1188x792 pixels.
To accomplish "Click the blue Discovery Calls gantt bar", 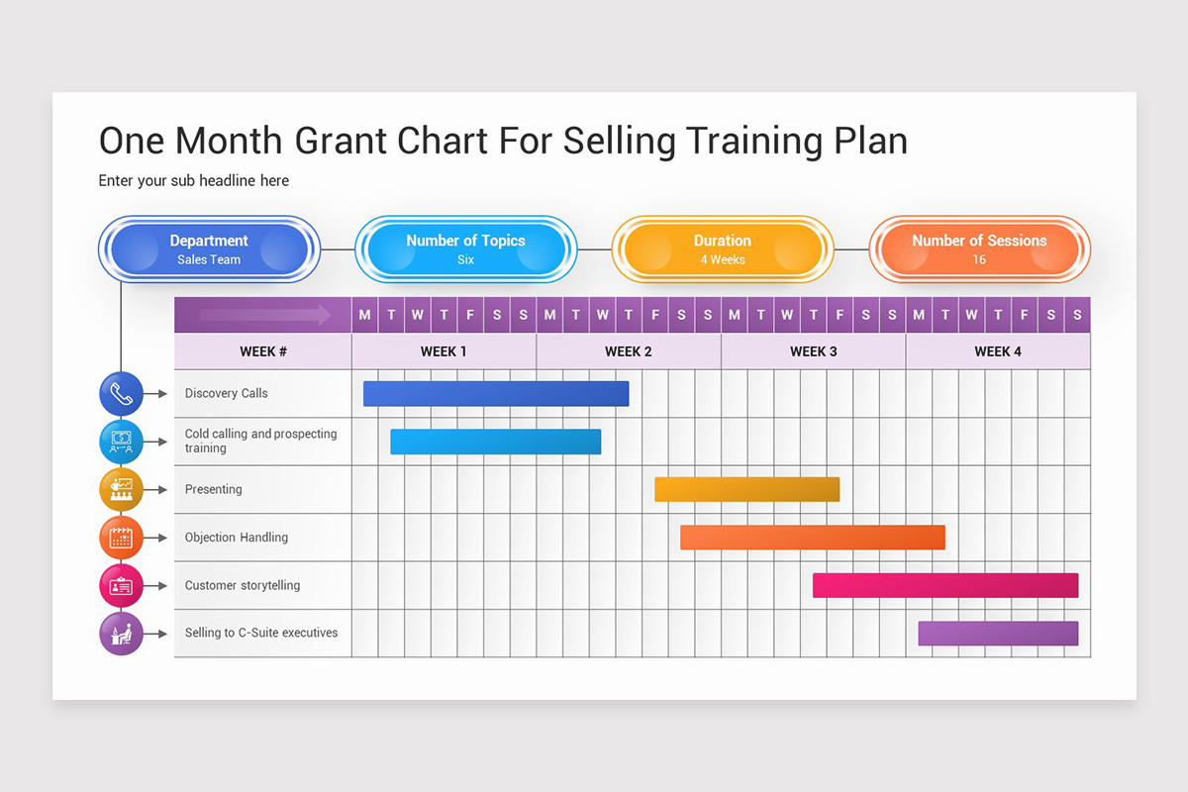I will (495, 393).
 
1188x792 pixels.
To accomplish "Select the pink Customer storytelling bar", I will (944, 585).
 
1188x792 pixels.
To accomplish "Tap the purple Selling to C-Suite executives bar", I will (997, 633).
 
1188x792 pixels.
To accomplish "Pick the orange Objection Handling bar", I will (812, 537).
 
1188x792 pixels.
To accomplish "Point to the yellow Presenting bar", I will (746, 489).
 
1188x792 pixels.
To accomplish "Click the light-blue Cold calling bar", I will (495, 442).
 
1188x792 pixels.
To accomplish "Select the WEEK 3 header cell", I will (813, 351).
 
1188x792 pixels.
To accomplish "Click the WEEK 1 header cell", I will (444, 351).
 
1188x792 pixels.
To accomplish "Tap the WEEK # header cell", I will (263, 351).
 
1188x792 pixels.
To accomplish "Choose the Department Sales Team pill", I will (209, 248).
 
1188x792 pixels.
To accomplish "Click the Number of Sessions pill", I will (978, 248).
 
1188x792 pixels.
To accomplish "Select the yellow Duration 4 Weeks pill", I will (722, 248).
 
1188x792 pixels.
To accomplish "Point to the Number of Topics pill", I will (465, 248).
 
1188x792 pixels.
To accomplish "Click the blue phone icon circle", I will (121, 393).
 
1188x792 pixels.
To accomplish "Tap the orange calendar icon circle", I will (121, 538).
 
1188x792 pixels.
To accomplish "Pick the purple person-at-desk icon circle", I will (121, 634).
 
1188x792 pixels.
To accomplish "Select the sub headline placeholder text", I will (193, 180).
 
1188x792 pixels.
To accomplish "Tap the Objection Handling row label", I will (237, 538).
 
